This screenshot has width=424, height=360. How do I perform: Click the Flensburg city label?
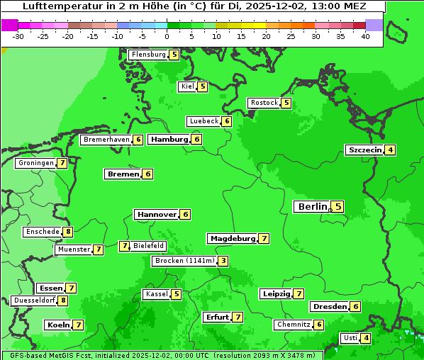[148, 55]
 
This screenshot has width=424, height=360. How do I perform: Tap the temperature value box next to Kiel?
[203, 86]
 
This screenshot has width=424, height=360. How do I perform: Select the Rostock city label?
[264, 103]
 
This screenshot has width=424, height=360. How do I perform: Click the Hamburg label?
[169, 140]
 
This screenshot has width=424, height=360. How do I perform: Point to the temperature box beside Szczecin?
[390, 150]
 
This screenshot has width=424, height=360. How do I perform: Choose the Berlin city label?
[312, 207]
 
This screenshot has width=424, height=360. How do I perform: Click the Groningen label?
[35, 163]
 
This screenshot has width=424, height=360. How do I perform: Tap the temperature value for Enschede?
[67, 232]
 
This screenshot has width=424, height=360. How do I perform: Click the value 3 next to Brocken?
[223, 261]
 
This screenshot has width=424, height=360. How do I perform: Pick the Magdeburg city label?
[232, 239]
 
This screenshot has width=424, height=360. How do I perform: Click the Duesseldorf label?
[33, 300]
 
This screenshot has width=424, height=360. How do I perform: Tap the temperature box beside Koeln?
[78, 325]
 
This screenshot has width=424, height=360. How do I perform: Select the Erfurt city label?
[216, 317]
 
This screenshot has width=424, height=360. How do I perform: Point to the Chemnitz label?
[294, 325]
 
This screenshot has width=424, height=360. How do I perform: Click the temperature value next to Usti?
[366, 338]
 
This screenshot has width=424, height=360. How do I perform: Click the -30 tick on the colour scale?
[18, 36]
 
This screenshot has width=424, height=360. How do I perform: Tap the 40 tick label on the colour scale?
[365, 36]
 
